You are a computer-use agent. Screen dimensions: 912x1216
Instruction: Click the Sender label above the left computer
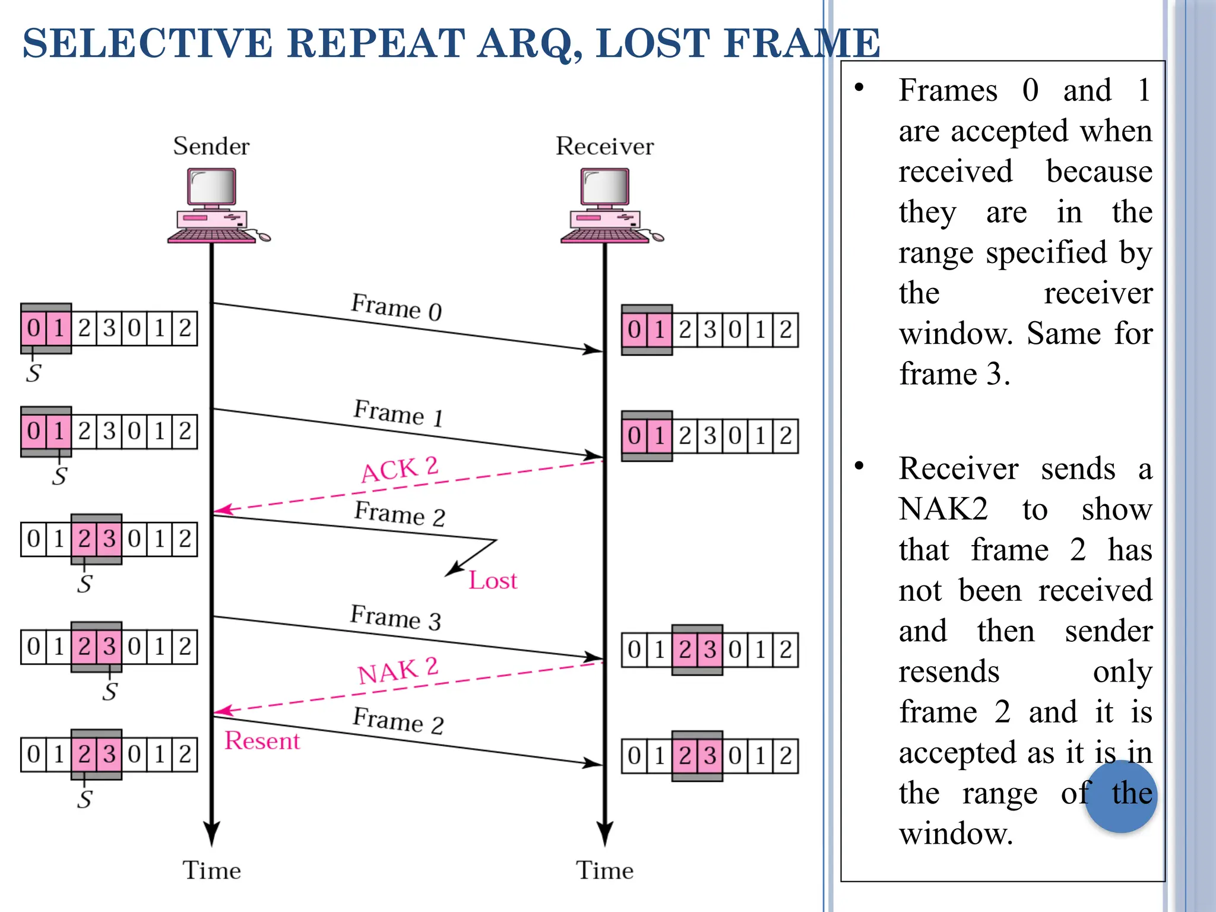[x=211, y=146]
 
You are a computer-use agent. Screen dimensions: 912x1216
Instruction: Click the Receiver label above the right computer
[x=604, y=146]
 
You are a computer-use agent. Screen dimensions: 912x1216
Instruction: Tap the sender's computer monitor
[x=212, y=187]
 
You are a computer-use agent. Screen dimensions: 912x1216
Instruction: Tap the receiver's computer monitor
[x=605, y=187]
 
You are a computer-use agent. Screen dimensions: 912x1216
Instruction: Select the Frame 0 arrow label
[x=396, y=307]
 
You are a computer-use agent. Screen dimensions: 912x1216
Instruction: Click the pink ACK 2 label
[x=400, y=469]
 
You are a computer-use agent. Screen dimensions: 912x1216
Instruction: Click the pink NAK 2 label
[x=398, y=671]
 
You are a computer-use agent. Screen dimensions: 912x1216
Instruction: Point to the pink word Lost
[x=493, y=580]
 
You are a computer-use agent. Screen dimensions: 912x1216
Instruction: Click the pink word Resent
[x=262, y=740]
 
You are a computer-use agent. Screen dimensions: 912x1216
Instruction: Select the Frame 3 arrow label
[x=395, y=617]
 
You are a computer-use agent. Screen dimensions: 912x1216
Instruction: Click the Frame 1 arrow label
[x=398, y=413]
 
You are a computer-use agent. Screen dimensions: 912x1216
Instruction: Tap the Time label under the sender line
[x=211, y=870]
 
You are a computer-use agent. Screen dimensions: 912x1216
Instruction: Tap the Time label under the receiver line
[x=604, y=870]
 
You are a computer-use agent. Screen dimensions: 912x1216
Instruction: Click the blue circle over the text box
[x=1120, y=797]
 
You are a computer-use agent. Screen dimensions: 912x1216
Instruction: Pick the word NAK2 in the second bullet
[x=943, y=509]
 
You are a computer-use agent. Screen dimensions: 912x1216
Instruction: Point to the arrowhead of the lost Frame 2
[x=451, y=571]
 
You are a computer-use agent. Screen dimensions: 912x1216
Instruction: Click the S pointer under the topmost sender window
[x=33, y=373]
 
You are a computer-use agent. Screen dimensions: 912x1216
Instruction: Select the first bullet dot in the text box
[x=859, y=88]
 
